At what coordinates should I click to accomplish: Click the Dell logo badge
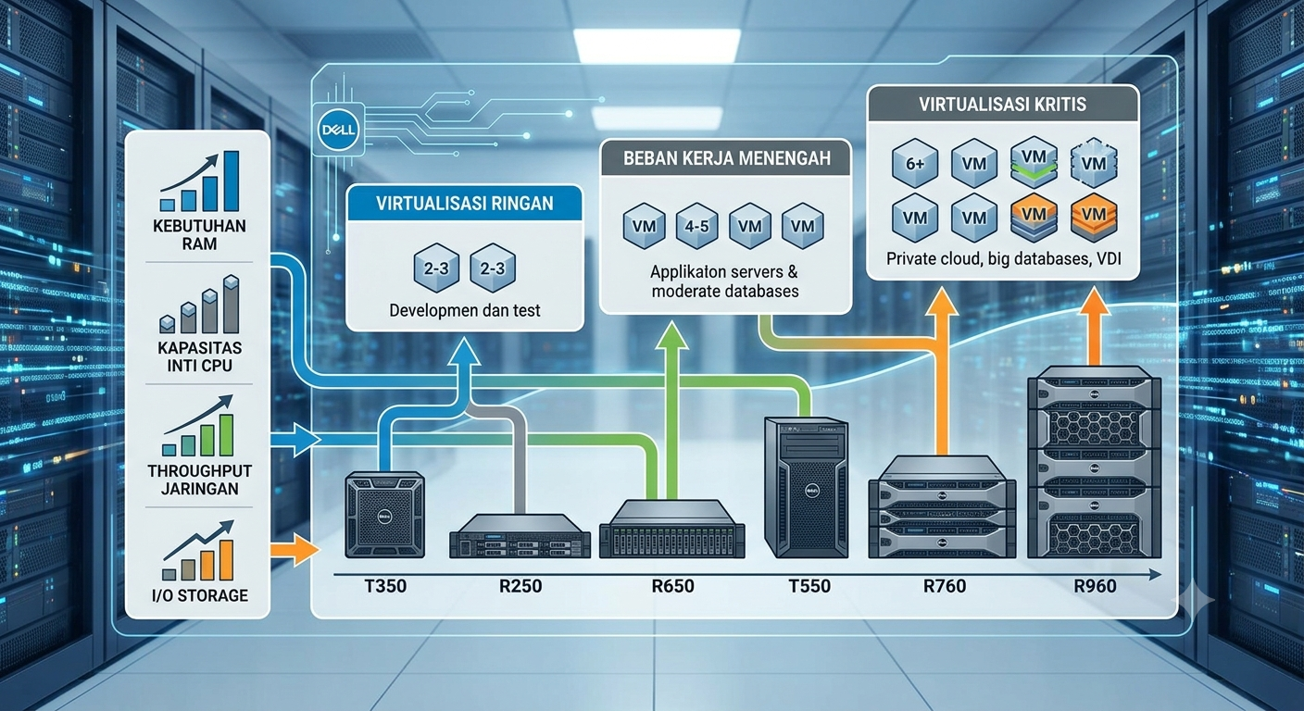click(338, 130)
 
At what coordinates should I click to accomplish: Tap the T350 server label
click(385, 585)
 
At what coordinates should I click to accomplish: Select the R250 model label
click(520, 585)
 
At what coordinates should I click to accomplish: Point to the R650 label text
click(672, 585)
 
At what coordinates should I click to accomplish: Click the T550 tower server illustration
click(807, 488)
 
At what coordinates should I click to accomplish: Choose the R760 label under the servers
click(945, 585)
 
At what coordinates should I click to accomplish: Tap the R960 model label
click(1095, 585)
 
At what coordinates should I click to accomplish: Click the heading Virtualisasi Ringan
click(465, 204)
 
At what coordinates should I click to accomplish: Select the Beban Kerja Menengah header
click(726, 158)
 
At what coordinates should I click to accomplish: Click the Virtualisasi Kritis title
click(1002, 104)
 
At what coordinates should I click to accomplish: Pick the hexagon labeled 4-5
click(696, 226)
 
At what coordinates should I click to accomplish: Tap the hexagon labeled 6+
click(914, 164)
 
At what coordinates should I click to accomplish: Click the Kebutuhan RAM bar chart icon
click(200, 181)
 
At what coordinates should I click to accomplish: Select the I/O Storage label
click(200, 595)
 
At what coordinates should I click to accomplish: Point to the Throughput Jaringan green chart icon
click(198, 426)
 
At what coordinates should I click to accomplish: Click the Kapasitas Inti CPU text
click(200, 356)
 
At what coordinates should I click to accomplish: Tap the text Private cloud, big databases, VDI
click(1004, 259)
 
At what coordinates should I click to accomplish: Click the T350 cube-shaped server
click(384, 515)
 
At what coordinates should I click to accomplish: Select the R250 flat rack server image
click(520, 536)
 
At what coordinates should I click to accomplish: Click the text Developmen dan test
click(465, 310)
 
